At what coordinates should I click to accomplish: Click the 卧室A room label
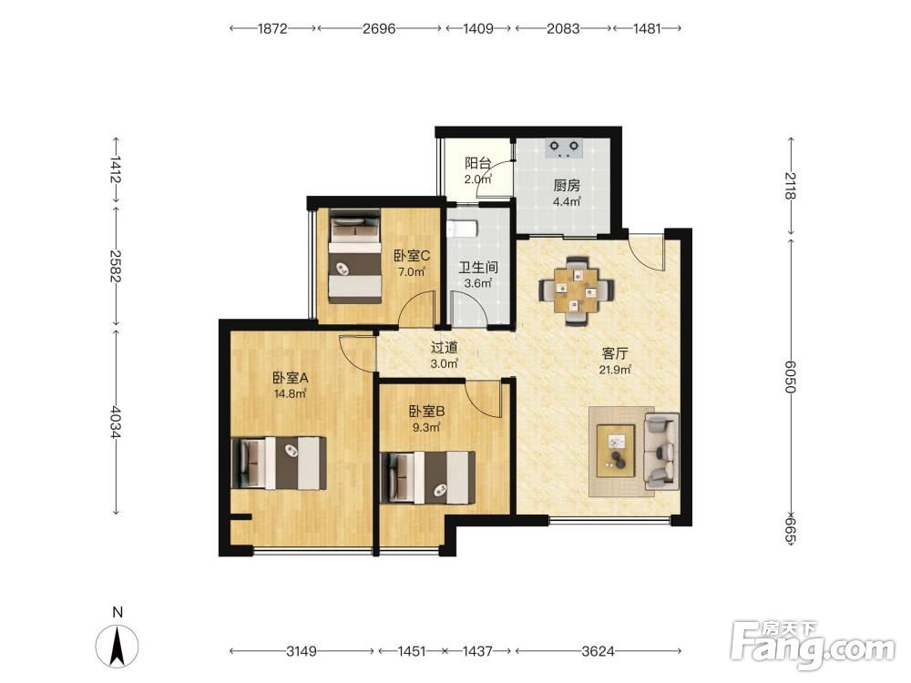tap(291, 378)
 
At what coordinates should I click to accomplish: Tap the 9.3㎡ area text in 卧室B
tap(426, 428)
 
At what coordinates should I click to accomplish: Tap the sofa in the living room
tap(661, 451)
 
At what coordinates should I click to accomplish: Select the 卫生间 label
tap(478, 268)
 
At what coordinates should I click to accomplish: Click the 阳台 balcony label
tap(477, 163)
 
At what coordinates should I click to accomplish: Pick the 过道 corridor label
tap(445, 347)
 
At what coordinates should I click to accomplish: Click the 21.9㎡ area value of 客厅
tap(615, 370)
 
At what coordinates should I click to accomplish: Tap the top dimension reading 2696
tap(379, 28)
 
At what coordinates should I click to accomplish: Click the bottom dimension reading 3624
tap(598, 651)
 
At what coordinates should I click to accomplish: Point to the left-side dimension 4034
tap(117, 423)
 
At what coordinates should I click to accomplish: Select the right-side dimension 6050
tap(790, 376)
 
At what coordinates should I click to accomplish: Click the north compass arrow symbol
tap(118, 647)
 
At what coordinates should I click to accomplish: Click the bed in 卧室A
tap(279, 464)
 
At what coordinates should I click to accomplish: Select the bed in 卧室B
tap(427, 478)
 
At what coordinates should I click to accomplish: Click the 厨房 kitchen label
tap(567, 186)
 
